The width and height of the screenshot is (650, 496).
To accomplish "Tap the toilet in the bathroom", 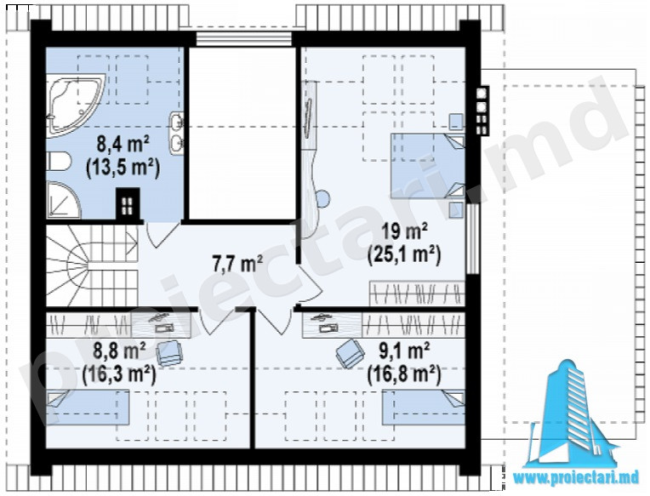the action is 59,161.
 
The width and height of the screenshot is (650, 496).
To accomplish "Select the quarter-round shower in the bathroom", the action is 63,200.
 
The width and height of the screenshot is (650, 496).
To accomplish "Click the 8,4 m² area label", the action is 123,145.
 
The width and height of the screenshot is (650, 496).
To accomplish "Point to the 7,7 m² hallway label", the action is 237,264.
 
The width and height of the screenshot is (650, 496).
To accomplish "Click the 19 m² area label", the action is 404,232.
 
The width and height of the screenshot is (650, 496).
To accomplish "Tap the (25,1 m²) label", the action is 404,254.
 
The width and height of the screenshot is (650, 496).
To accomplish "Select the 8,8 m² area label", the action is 119,351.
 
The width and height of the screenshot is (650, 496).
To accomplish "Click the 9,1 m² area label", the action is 404,352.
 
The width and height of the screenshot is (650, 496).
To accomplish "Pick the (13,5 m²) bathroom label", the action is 123,168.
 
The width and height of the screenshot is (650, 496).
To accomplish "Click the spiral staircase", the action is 92,265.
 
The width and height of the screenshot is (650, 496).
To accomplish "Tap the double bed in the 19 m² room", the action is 427,165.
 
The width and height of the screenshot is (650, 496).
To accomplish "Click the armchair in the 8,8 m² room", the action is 168,353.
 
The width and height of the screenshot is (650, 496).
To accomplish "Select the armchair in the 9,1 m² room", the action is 350,352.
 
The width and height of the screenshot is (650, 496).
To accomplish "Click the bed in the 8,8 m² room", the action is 88,408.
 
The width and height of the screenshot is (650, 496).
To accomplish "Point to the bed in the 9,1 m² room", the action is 423,407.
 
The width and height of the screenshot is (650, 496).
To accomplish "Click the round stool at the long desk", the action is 322,198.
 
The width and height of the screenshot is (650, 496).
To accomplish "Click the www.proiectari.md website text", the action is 577,477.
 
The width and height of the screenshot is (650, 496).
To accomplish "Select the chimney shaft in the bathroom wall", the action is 128,204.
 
